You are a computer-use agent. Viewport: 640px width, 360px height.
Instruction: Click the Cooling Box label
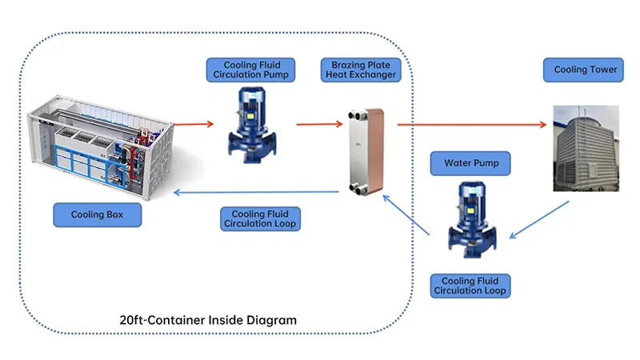click(98, 214)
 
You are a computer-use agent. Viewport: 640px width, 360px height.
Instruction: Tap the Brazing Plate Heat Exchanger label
click(360, 70)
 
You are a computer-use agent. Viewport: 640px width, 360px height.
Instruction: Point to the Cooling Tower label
click(586, 70)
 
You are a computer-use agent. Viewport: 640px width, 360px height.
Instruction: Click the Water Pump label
click(471, 163)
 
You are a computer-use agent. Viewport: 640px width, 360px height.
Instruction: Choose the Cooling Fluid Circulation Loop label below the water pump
click(470, 286)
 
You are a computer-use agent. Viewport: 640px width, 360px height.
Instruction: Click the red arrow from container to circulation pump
click(194, 124)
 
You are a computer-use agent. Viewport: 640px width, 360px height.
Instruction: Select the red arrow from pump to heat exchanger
click(320, 124)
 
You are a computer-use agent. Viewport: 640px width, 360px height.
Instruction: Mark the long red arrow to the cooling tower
click(472, 124)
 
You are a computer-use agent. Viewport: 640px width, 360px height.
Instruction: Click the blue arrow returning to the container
click(256, 192)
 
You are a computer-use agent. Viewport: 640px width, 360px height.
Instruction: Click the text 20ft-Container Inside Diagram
click(208, 320)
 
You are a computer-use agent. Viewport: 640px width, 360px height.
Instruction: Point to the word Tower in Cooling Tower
click(602, 70)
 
